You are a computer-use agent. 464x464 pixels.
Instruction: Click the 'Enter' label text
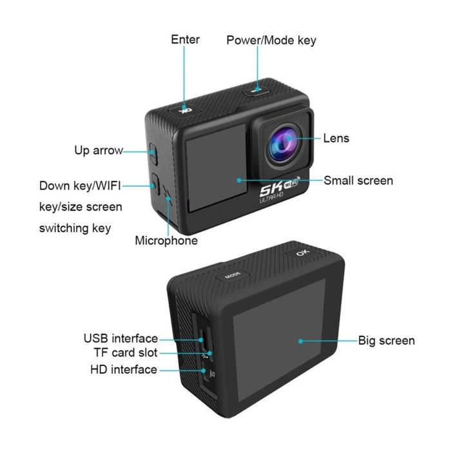[185, 39]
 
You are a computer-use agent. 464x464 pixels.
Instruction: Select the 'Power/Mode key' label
[271, 40]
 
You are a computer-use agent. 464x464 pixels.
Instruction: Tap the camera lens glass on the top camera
[283, 145]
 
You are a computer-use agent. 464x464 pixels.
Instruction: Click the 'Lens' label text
[336, 138]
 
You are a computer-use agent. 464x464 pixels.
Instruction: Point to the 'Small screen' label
[358, 180]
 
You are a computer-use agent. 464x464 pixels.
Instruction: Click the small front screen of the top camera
[217, 167]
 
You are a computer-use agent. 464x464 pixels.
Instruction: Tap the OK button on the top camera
[185, 111]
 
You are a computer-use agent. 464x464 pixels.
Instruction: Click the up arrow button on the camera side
[153, 154]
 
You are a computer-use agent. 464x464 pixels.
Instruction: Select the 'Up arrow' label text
[99, 151]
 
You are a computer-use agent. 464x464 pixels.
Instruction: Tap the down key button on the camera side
[155, 184]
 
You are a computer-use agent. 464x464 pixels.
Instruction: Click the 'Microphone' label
[166, 240]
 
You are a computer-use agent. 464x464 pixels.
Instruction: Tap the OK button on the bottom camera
[302, 253]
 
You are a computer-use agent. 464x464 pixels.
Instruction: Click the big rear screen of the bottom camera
[279, 340]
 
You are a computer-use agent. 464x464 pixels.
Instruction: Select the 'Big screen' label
[386, 341]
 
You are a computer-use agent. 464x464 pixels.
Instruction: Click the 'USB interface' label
[121, 338]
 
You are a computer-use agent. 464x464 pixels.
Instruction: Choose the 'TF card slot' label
[126, 353]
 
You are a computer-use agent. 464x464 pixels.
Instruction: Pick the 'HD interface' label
[124, 370]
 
